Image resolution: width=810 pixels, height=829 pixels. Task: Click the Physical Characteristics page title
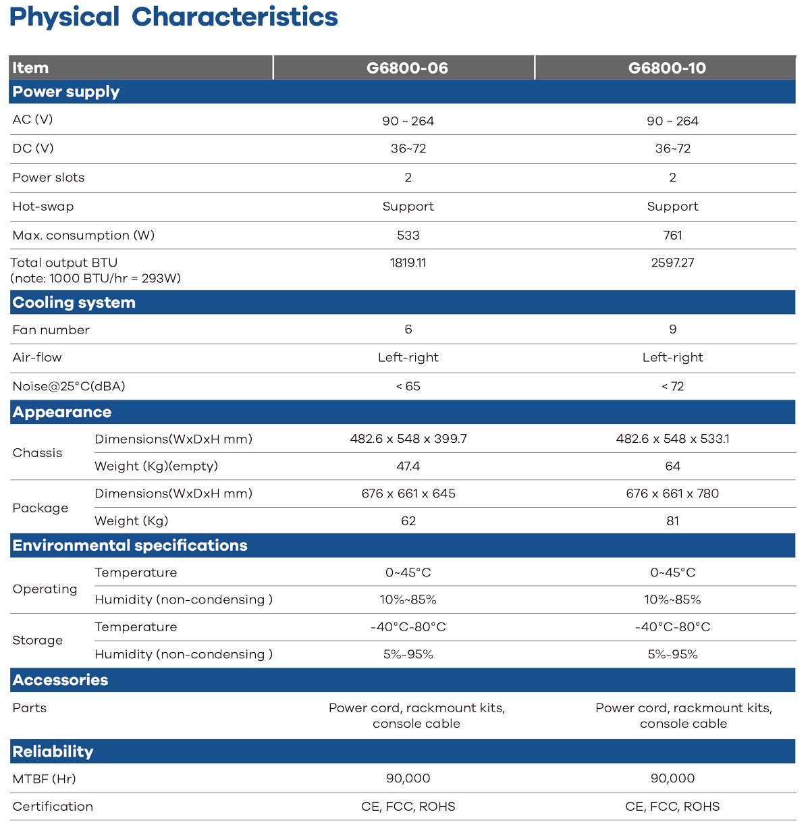point(173,17)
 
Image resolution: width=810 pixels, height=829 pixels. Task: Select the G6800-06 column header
point(407,68)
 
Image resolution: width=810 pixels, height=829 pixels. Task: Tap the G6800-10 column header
point(667,68)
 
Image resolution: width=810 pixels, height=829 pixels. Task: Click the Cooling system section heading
point(74,302)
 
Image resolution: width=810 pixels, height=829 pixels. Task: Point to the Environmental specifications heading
point(130,545)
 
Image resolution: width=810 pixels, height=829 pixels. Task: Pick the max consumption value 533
point(408,235)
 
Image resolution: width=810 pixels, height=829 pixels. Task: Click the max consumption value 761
point(672,235)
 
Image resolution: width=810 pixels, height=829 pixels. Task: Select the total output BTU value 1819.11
point(408,263)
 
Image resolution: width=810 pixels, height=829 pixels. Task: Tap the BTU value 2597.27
point(672,263)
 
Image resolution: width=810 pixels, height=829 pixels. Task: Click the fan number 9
point(672,329)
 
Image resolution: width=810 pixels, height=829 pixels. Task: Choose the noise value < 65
point(408,386)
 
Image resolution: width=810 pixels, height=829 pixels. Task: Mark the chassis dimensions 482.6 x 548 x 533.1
point(672,439)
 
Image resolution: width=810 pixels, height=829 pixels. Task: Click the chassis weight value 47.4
point(408,466)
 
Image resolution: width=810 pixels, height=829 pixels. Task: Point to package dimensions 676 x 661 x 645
point(408,493)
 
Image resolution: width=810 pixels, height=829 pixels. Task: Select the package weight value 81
point(672,521)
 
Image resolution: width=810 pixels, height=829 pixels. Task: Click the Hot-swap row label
point(43,207)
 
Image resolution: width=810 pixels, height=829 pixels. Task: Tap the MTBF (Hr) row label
point(44,779)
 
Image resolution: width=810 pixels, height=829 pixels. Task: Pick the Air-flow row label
point(37,358)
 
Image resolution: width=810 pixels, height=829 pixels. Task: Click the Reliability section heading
point(53,751)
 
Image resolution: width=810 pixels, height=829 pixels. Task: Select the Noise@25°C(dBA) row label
point(69,386)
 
